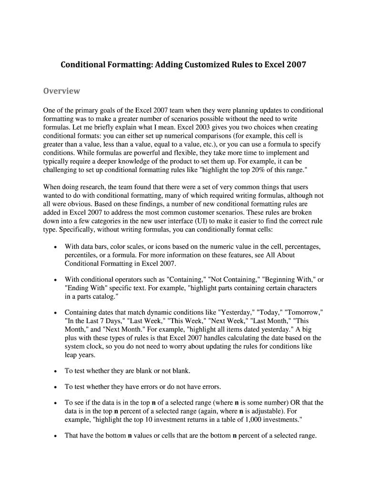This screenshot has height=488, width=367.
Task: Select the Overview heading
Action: pos(61,91)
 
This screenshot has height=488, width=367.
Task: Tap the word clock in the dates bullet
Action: pos(98,346)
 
